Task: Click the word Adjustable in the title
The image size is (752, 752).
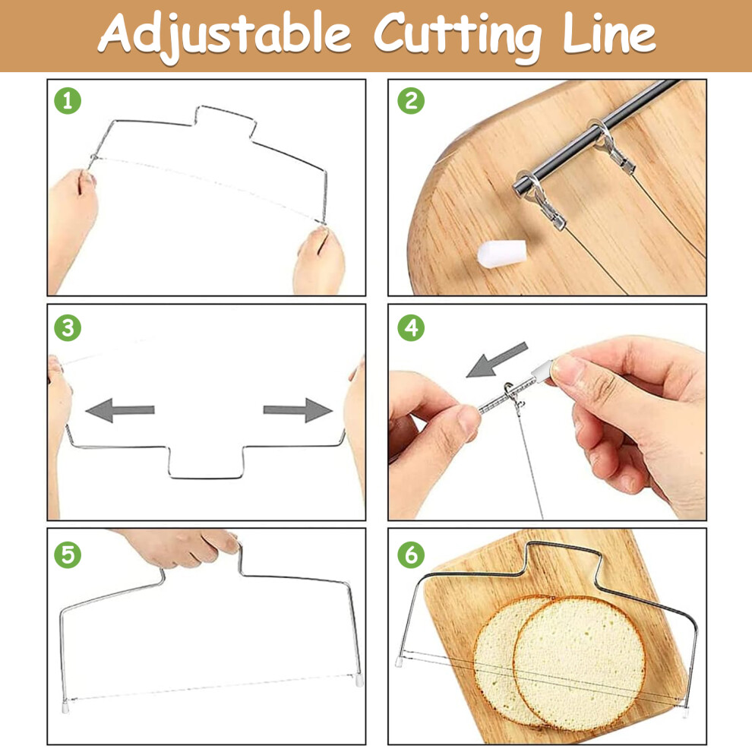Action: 224,34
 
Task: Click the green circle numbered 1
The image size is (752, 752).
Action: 68,101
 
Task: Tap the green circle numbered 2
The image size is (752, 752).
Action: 411,101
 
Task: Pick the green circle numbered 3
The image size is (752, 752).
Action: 68,328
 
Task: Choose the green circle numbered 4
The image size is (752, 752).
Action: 411,328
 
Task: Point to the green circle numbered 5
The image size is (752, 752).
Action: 68,555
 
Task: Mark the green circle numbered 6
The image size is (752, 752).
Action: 411,555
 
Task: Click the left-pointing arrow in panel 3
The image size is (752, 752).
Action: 120,410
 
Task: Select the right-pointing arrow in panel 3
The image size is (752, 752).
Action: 298,410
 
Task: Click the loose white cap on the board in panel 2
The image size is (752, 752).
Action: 501,252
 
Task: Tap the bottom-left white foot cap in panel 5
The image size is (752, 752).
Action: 66,706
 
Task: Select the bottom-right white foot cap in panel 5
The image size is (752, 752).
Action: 359,681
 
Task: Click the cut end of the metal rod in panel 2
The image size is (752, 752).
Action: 520,185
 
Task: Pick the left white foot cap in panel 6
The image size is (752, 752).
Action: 399,662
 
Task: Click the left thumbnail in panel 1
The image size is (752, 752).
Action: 87,179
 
